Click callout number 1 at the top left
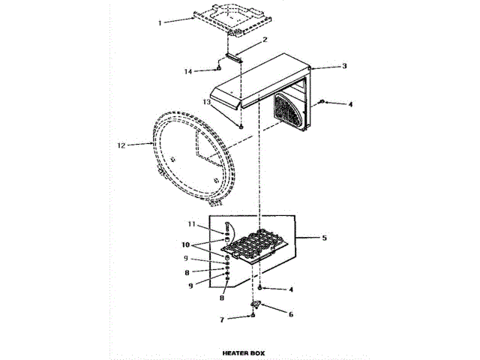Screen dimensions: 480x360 (160, 23)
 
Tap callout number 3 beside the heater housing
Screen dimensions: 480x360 (343, 67)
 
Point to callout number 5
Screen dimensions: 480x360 (324, 238)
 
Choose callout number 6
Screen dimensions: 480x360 (290, 314)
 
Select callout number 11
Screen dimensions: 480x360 (191, 224)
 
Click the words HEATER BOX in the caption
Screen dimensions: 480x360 (243, 352)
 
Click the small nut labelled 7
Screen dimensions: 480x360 (253, 316)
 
